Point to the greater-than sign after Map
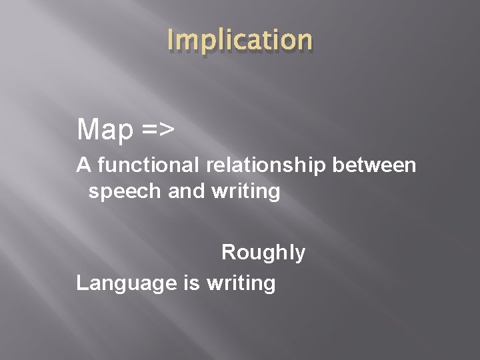click(167, 131)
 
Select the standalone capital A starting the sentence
click(83, 164)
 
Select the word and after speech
click(184, 192)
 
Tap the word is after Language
click(191, 283)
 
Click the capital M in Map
click(87, 129)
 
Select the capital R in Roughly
click(229, 253)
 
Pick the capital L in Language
click(81, 283)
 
